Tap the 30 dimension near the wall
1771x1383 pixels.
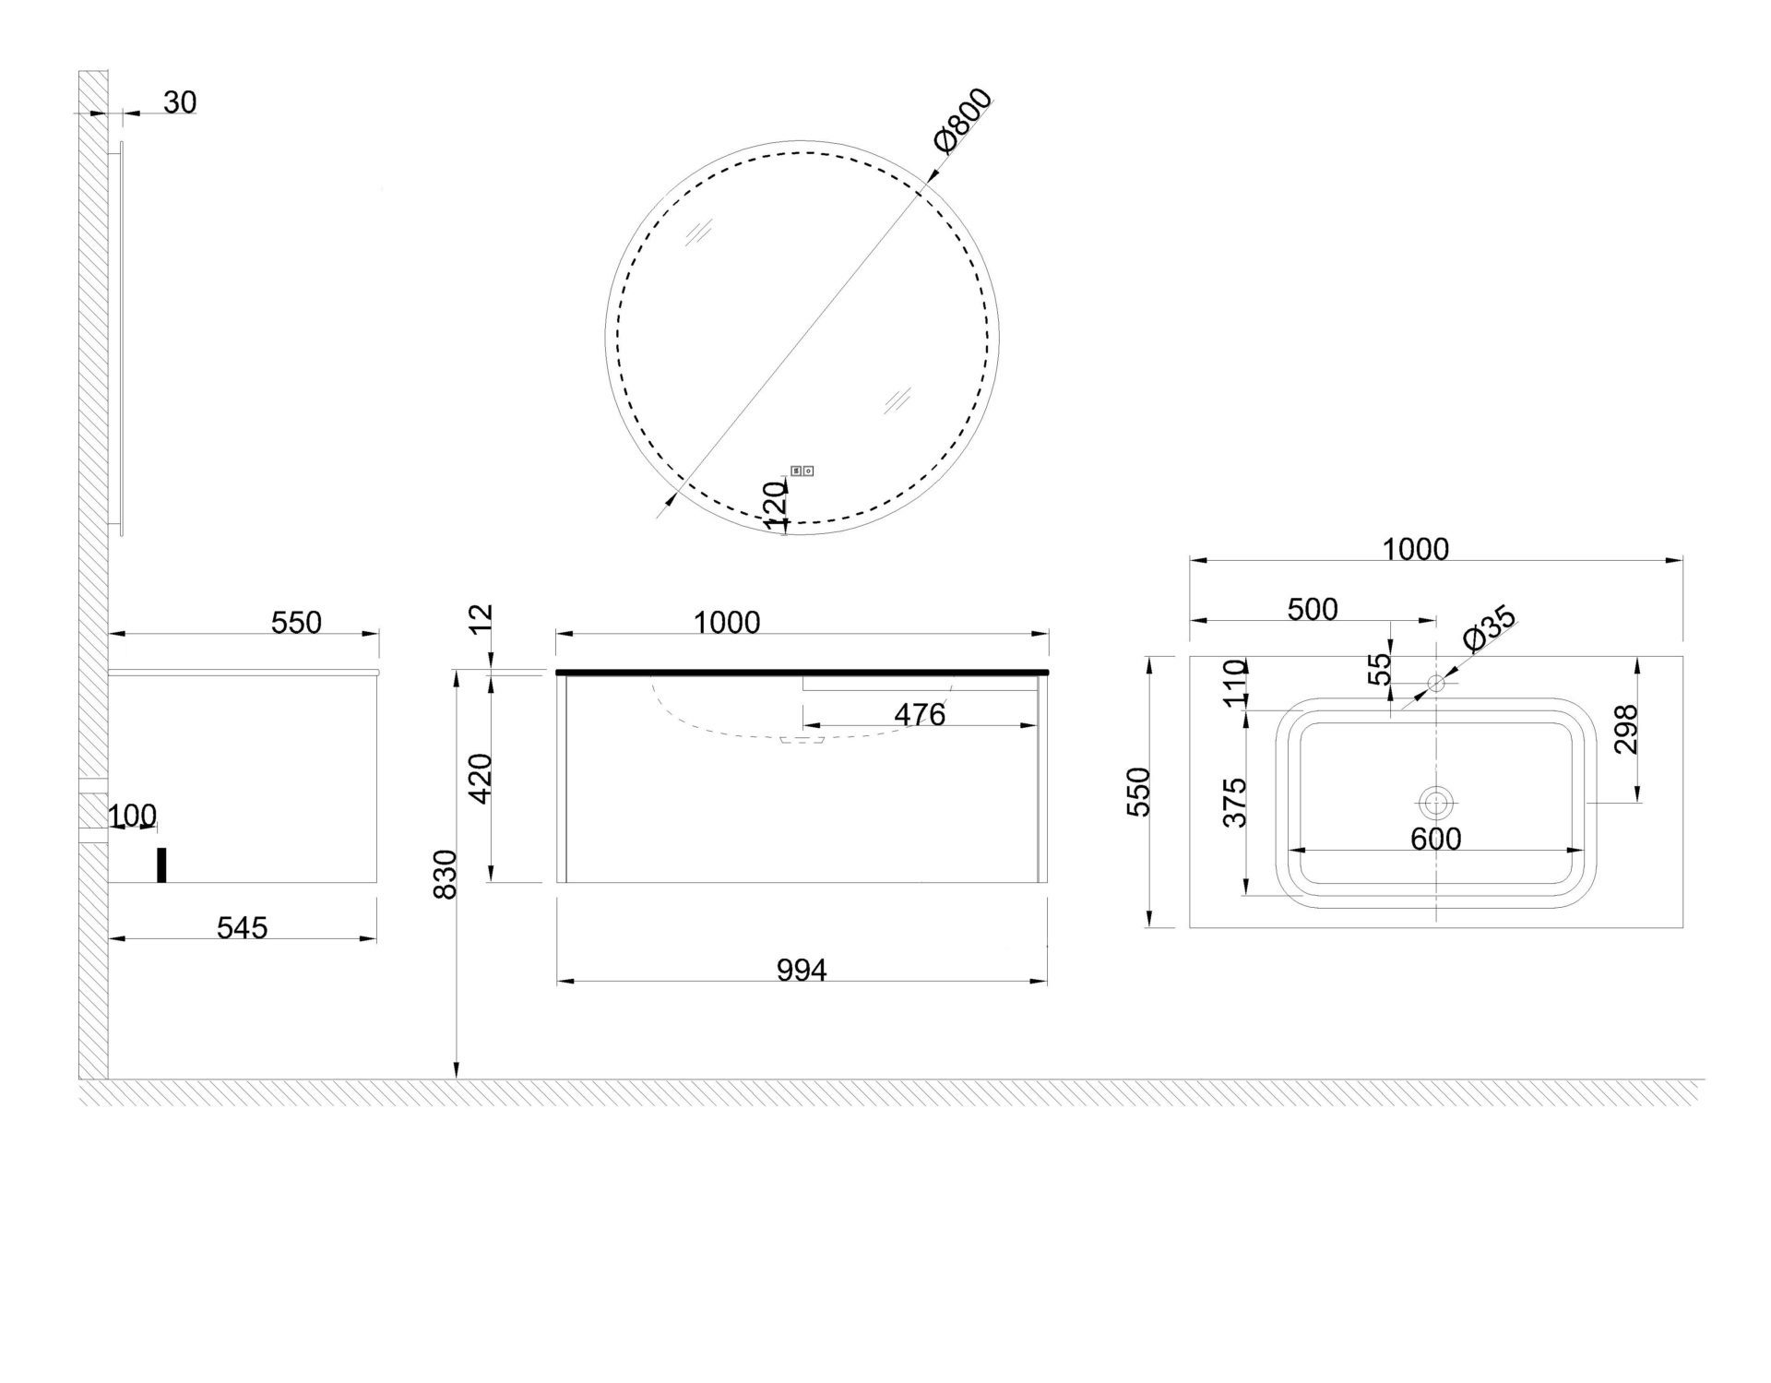coord(180,102)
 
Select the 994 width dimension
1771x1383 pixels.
coord(802,970)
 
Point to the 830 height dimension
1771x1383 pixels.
coord(446,874)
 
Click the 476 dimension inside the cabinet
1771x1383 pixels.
coord(920,714)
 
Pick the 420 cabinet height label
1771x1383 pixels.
coord(481,778)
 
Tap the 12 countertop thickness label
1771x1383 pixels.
coord(481,618)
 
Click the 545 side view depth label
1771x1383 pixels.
coord(242,927)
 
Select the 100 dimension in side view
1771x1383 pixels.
coord(133,816)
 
